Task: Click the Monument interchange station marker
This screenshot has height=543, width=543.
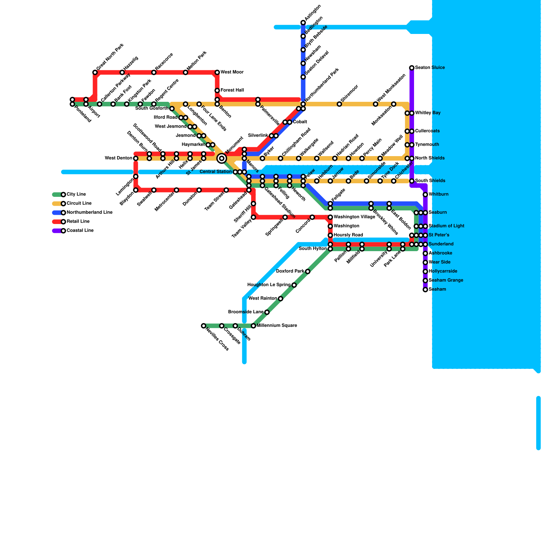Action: click(222, 158)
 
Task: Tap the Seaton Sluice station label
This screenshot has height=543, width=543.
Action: click(430, 68)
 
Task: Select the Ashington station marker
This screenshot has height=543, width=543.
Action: click(303, 23)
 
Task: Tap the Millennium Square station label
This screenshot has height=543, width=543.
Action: click(277, 326)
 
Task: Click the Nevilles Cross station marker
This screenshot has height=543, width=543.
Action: click(203, 326)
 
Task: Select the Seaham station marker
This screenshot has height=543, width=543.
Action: click(425, 289)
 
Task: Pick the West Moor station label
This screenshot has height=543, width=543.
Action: click(232, 72)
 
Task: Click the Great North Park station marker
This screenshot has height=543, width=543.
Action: click(95, 72)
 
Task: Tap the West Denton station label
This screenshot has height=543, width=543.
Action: click(118, 158)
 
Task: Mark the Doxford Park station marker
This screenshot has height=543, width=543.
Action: click(307, 271)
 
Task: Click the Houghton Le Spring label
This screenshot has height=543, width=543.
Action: click(269, 285)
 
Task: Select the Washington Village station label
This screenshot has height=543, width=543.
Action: click(354, 217)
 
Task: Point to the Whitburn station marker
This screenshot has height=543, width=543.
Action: click(425, 194)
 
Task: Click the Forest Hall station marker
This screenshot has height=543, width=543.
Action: click(217, 91)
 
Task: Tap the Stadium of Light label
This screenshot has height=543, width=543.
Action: click(446, 226)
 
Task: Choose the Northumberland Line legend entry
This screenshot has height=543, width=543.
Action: click(89, 212)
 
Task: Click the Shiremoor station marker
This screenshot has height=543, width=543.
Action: click(339, 104)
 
